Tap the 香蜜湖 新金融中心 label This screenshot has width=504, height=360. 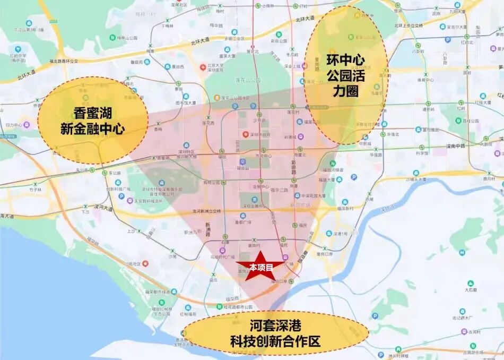click(x=92, y=121)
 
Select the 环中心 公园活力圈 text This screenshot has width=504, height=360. click(x=345, y=74)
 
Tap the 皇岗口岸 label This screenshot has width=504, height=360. click(x=324, y=254)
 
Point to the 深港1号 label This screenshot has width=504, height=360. click(x=341, y=234)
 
